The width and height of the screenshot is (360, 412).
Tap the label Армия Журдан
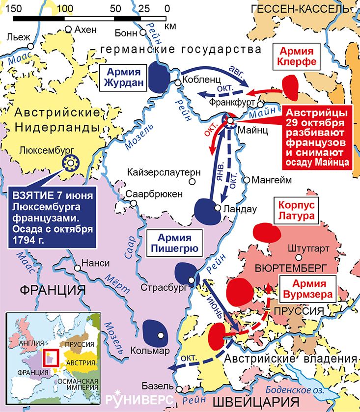[124, 77]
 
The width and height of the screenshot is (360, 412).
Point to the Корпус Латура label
[296, 210]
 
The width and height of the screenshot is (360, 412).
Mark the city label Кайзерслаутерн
[164, 173]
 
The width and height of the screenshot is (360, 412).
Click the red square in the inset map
[52, 358]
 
